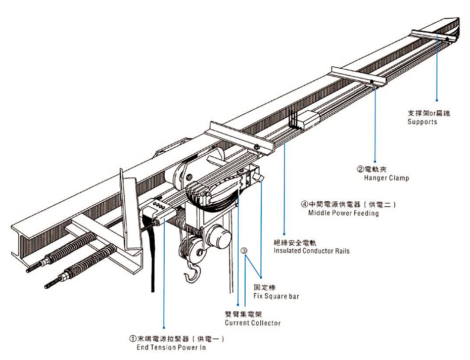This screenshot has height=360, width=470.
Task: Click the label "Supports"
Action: coord(422,122)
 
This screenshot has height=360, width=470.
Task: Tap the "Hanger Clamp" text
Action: coord(386,178)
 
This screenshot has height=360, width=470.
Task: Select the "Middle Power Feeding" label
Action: coord(343,213)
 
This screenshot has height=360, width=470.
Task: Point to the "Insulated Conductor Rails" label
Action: coord(311,251)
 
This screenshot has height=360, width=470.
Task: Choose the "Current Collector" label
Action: coord(252,323)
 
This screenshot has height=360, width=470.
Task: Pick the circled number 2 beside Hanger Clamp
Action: coord(360,169)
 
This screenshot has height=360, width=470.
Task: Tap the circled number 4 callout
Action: coord(304,205)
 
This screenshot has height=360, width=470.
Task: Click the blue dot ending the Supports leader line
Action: coord(437,100)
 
